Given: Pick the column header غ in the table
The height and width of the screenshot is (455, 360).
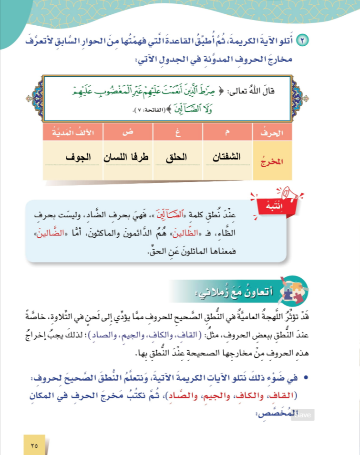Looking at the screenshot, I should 178,133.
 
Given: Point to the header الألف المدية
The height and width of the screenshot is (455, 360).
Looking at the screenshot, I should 72,133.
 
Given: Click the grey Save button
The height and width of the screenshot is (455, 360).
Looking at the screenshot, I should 304,415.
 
